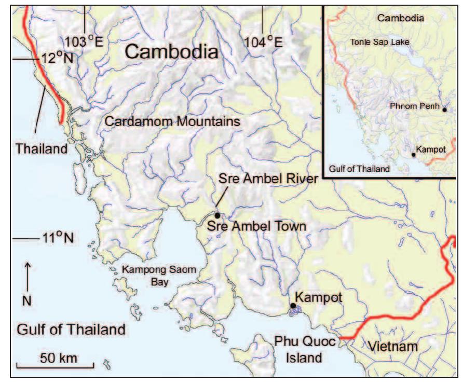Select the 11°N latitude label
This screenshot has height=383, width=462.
(57, 239)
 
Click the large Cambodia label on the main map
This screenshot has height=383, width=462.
(171, 52)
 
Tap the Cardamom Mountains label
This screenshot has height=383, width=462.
(172, 121)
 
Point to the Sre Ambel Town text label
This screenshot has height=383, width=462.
(256, 226)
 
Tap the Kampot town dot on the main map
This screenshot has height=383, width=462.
(293, 306)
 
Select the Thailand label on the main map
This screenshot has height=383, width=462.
(42, 149)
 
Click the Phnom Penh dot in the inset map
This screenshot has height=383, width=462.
(444, 107)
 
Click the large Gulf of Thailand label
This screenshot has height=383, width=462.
(71, 329)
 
